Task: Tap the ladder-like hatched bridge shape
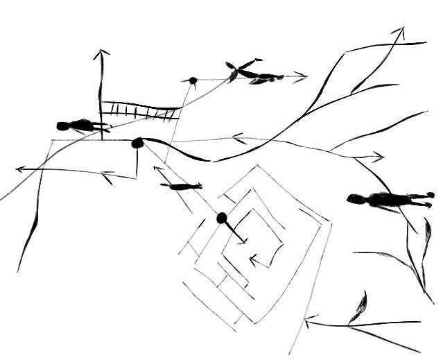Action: click(139, 110)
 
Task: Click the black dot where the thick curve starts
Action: click(137, 143)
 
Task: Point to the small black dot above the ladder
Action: click(193, 80)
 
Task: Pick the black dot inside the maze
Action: click(222, 218)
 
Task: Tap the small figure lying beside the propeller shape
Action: click(266, 78)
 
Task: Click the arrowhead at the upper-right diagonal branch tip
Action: click(399, 31)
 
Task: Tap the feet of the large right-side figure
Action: click(426, 199)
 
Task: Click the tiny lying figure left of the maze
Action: click(182, 186)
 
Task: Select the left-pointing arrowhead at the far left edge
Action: click(19, 169)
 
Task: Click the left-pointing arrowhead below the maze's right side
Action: click(309, 323)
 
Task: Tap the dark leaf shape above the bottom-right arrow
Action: click(361, 305)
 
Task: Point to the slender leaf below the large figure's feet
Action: click(424, 236)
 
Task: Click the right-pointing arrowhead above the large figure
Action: click(379, 157)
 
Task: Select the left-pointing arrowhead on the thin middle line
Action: click(237, 137)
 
